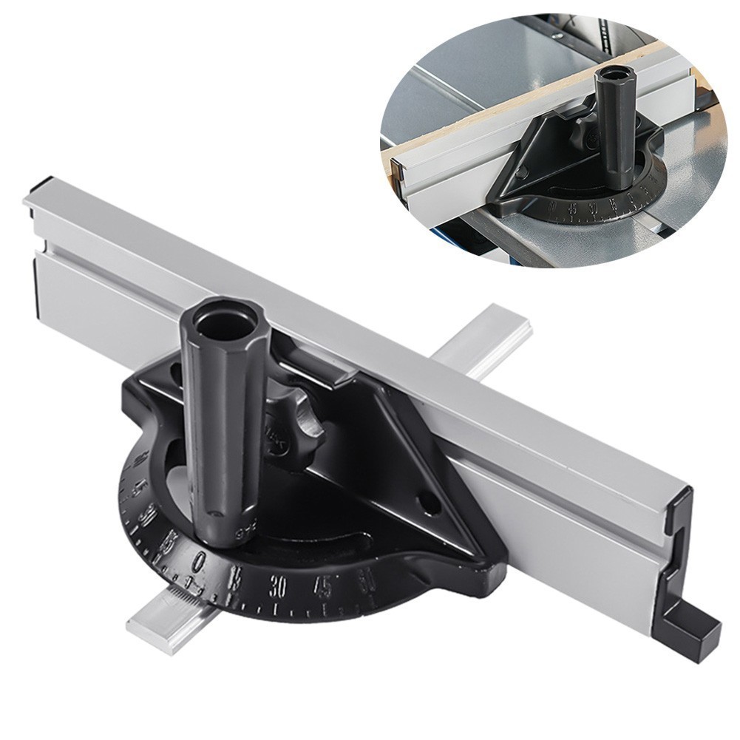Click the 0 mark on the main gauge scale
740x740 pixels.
coord(197,562)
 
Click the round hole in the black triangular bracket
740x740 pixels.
coord(427,502)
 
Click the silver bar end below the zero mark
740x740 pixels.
coord(159,617)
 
